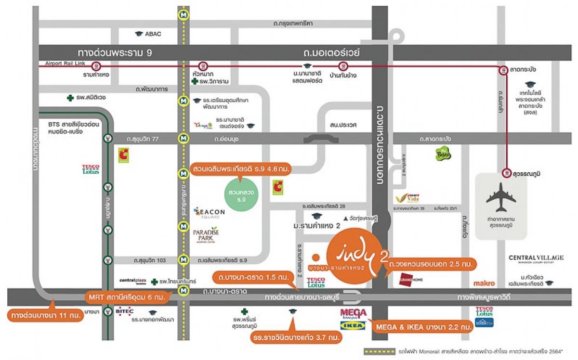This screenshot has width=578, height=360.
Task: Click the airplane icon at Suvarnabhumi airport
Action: [x=501, y=197]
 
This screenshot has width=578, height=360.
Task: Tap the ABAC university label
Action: [x=153, y=34]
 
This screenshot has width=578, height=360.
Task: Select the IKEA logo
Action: [x=353, y=326]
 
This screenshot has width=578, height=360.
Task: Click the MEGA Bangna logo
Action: [x=353, y=314]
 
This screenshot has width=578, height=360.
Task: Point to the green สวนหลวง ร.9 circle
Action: [x=245, y=192]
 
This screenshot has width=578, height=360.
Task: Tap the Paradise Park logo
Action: [x=206, y=234]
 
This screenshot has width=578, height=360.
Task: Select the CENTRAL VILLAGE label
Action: [x=536, y=258]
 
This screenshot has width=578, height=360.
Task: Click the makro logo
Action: [x=484, y=283]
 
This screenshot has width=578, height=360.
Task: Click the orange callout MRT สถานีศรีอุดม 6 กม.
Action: [x=126, y=297]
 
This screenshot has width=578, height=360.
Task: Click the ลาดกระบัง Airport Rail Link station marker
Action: [x=503, y=70]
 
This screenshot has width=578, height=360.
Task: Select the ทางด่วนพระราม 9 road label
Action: [x=115, y=52]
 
